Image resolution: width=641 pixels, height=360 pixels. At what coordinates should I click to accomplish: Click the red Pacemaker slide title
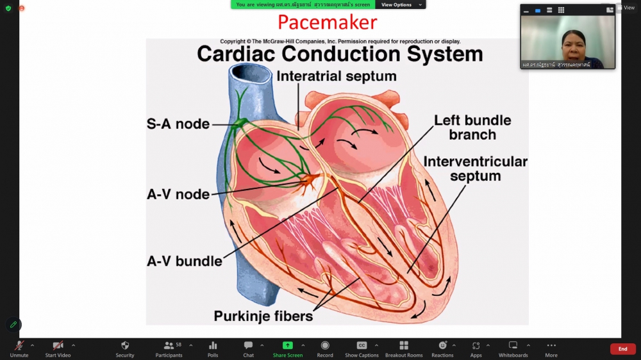327,22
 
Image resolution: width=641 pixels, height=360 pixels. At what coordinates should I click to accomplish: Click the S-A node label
178,124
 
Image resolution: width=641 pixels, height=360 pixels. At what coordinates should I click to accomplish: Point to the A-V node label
178,193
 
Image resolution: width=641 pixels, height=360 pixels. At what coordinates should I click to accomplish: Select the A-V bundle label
185,261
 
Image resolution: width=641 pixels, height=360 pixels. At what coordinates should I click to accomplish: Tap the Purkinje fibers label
263,316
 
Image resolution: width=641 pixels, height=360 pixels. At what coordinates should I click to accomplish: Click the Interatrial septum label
337,76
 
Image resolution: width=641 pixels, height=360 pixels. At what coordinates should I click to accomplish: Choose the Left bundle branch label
472,127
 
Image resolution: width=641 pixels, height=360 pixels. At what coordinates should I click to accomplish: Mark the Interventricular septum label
475,168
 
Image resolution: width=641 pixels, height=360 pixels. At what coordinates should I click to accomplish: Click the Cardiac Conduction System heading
340,54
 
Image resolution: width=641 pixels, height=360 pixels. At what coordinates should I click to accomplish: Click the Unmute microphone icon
19,345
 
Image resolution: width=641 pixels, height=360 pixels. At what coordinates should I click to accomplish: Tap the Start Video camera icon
58,345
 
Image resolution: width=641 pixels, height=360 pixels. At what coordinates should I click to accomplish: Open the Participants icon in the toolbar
169,345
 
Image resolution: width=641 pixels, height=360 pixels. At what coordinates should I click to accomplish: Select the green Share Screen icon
288,345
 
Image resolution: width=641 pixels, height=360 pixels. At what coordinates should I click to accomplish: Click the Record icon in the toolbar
325,345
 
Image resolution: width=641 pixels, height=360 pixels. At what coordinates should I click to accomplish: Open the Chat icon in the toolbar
248,345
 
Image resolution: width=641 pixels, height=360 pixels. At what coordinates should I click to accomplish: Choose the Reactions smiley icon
442,345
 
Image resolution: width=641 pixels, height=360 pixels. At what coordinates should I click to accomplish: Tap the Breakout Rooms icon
404,345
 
